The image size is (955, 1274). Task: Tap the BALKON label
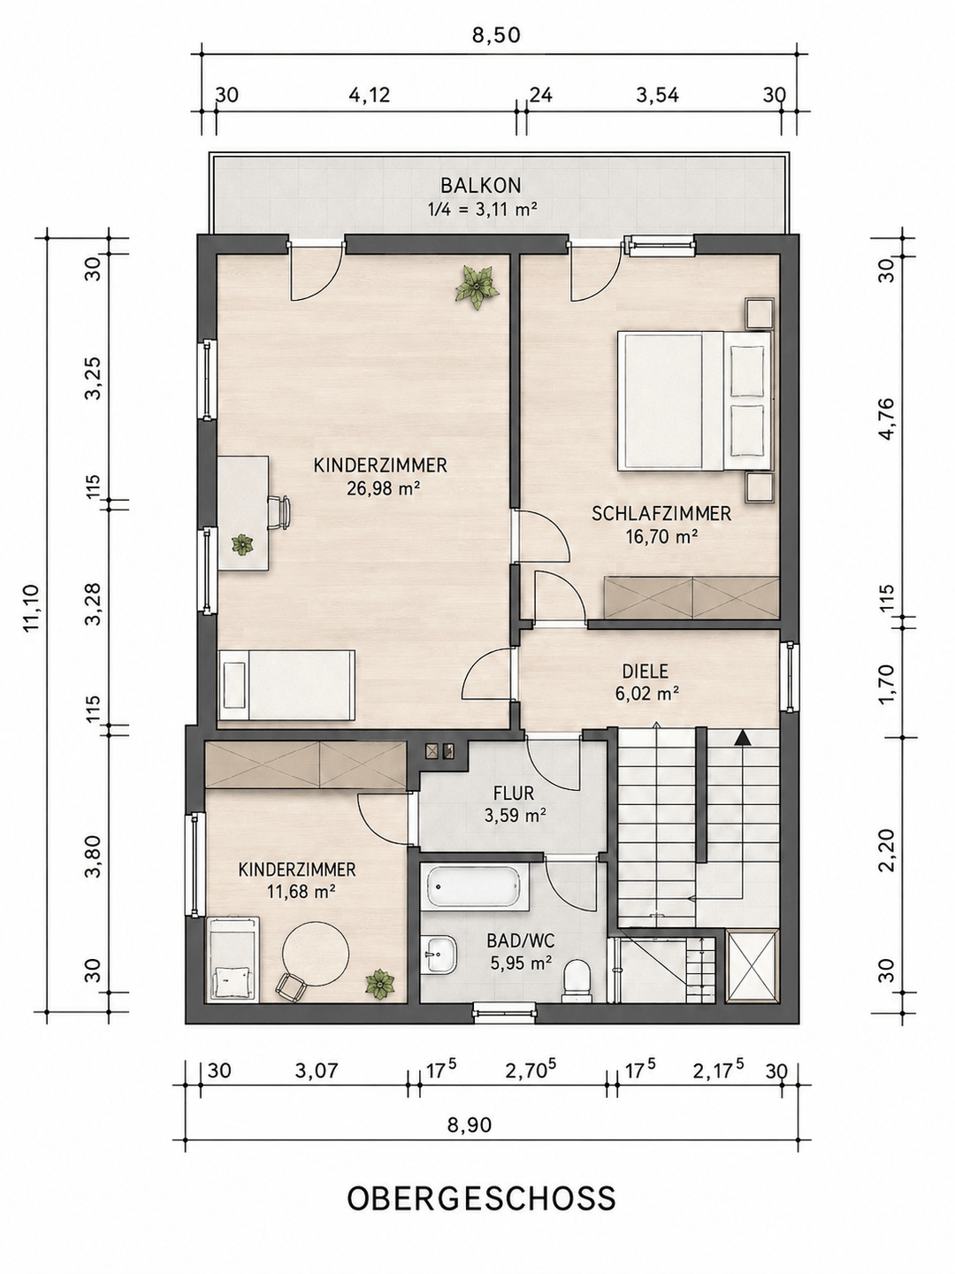[481, 186]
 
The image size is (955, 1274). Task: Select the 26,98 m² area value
[383, 488]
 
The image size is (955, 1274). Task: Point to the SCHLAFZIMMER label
[661, 514]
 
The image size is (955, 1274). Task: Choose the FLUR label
[513, 792]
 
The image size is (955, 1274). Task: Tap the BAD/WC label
[521, 940]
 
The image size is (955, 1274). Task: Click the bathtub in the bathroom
[474, 888]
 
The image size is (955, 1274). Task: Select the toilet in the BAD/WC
[577, 980]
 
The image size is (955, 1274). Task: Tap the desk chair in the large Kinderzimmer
[279, 512]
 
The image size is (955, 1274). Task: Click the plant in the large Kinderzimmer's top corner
[477, 286]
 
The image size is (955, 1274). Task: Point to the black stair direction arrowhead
[742, 739]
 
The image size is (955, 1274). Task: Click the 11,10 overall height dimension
[31, 608]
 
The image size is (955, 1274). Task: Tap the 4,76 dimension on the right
[887, 419]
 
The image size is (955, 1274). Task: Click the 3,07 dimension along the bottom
[317, 1069]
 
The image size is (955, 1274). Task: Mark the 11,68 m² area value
[302, 891]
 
